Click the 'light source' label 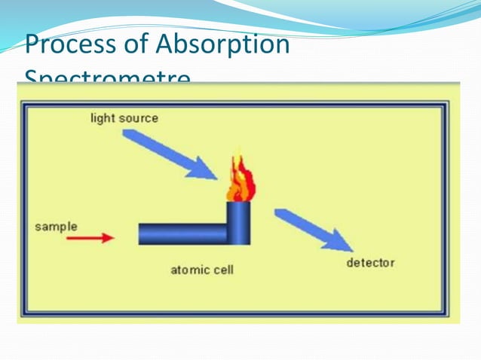click(124, 118)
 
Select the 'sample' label click(56, 226)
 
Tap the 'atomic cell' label click(202, 270)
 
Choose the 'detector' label click(370, 263)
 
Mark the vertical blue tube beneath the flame click(239, 223)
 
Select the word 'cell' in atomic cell click(222, 270)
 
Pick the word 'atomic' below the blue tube click(189, 270)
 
